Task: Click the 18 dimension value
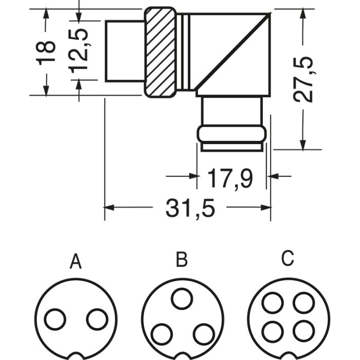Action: click(x=45, y=53)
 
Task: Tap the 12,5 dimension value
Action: click(x=78, y=51)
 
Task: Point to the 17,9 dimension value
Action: click(x=230, y=178)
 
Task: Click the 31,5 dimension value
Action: click(x=190, y=208)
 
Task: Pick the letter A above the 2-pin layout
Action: click(x=76, y=261)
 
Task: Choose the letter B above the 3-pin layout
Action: click(x=182, y=259)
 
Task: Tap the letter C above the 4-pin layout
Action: click(x=287, y=258)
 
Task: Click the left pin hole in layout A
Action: click(x=55, y=319)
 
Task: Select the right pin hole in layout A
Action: click(x=97, y=319)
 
